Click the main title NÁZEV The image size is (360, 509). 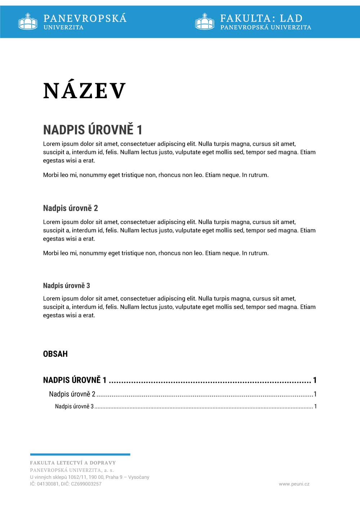click(x=85, y=91)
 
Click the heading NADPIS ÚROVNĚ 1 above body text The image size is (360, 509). click(x=93, y=129)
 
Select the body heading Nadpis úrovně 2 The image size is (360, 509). click(x=70, y=208)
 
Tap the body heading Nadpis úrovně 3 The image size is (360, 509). click(x=66, y=286)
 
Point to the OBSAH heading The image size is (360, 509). click(x=55, y=354)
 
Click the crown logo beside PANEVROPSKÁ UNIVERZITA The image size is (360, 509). click(x=28, y=21)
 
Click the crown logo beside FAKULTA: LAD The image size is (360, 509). click(x=204, y=21)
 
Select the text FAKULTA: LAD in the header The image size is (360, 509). click(x=261, y=18)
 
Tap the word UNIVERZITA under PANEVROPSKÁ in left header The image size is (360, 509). click(x=63, y=27)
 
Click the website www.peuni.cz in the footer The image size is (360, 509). click(x=294, y=484)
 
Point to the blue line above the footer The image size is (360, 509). click(x=80, y=454)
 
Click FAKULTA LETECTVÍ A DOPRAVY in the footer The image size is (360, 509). click(x=73, y=463)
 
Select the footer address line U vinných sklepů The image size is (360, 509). click(x=89, y=477)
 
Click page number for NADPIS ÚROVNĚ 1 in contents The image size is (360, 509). click(x=315, y=380)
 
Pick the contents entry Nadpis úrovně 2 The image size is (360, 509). click(x=72, y=394)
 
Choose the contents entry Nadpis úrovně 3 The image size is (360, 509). click(x=74, y=406)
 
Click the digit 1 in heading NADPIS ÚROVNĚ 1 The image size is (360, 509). click(x=139, y=129)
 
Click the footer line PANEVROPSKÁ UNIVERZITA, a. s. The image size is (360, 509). click(x=72, y=470)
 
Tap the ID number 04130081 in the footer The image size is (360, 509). click(x=48, y=484)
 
